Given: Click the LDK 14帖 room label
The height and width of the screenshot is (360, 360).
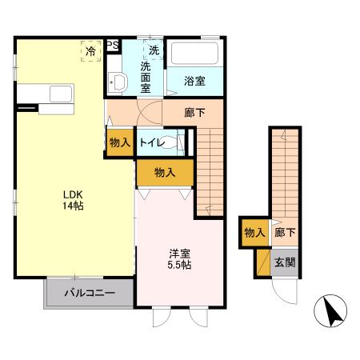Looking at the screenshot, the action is pyautogui.click(x=73, y=200).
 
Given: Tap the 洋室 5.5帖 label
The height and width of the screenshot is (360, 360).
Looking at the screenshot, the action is pyautogui.click(x=179, y=259).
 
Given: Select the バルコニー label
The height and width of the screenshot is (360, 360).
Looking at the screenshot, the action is pyautogui.click(x=90, y=293).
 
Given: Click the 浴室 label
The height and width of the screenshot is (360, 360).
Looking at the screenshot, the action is pyautogui.click(x=194, y=81).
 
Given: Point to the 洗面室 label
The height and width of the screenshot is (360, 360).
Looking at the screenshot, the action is pyautogui.click(x=146, y=77).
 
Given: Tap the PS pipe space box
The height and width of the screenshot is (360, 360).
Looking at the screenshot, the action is pyautogui.click(x=113, y=45).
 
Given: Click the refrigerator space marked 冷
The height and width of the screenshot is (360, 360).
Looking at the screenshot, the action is pyautogui.click(x=91, y=51).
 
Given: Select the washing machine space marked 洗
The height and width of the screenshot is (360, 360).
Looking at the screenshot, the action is pyautogui.click(x=153, y=50).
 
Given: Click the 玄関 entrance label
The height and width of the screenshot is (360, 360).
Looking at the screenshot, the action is pyautogui.click(x=285, y=262).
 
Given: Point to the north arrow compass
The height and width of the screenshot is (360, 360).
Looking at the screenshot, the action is pyautogui.click(x=330, y=311).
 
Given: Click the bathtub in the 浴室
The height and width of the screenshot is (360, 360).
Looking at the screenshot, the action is pyautogui.click(x=194, y=54).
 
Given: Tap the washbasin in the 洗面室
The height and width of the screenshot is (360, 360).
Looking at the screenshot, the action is pyautogui.click(x=118, y=82).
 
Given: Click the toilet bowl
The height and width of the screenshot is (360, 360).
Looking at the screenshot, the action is pyautogui.click(x=168, y=142).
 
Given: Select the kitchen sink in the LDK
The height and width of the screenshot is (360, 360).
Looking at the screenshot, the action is pyautogui.click(x=61, y=94).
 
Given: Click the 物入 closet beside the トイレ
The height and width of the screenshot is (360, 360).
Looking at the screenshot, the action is pyautogui.click(x=120, y=142).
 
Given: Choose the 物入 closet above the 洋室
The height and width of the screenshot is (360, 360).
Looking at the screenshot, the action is pyautogui.click(x=165, y=173).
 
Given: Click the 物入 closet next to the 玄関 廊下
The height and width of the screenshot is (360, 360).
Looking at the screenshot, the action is pyautogui.click(x=255, y=233).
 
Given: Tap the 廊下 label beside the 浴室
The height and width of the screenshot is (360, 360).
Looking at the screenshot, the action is pyautogui.click(x=194, y=113).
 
